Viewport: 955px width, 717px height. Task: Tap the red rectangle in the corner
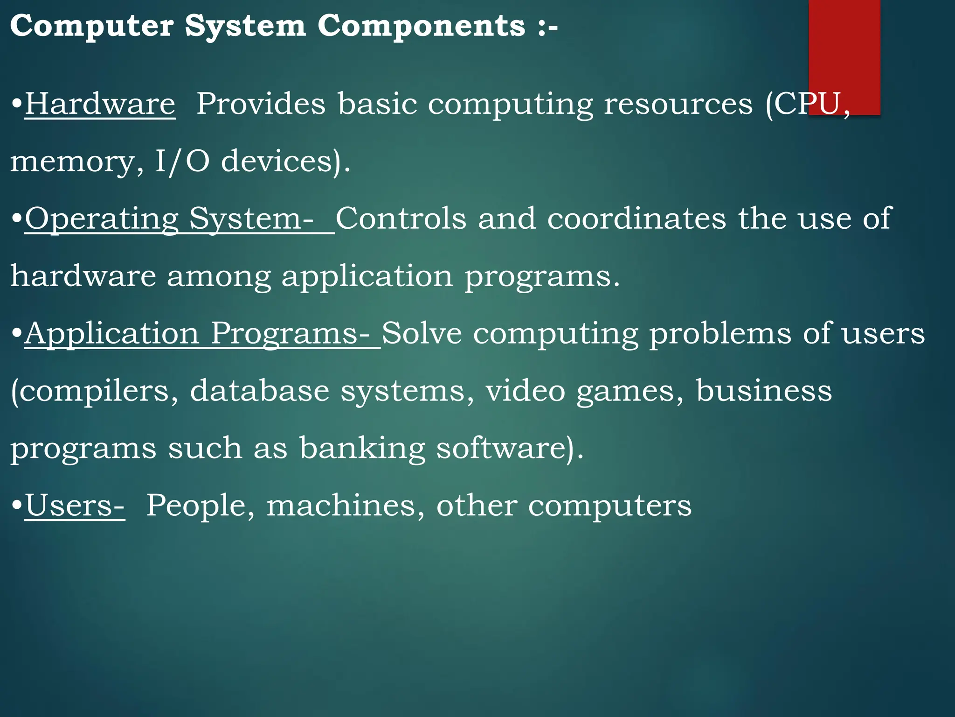click(x=844, y=51)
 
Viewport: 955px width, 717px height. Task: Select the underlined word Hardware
click(x=100, y=104)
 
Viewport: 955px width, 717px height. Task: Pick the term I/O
click(x=182, y=161)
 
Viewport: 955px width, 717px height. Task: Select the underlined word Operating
click(x=102, y=219)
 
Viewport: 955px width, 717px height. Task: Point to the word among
click(x=219, y=276)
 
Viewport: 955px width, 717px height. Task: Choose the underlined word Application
click(x=112, y=334)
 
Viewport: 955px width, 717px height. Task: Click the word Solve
click(x=422, y=333)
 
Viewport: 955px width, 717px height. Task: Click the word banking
click(x=362, y=449)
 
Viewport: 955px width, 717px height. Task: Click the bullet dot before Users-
click(x=17, y=506)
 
